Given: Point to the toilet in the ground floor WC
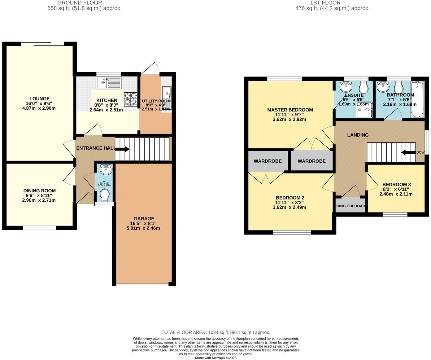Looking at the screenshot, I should [x=105, y=195].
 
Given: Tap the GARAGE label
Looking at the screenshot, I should [x=144, y=218].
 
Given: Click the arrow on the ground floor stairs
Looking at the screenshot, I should [x=122, y=149].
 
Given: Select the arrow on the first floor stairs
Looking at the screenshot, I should [x=408, y=152].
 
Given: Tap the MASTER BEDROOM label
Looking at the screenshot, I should [x=290, y=110].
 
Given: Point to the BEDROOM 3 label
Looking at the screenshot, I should [x=396, y=184].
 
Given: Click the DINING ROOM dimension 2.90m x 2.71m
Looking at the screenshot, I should [x=39, y=200].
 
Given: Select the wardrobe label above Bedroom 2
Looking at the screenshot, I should [x=268, y=161].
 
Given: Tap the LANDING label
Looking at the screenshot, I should [x=358, y=135].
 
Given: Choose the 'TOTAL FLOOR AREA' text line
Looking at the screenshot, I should [x=215, y=332].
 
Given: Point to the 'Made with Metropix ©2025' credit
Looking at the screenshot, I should [x=215, y=358].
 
